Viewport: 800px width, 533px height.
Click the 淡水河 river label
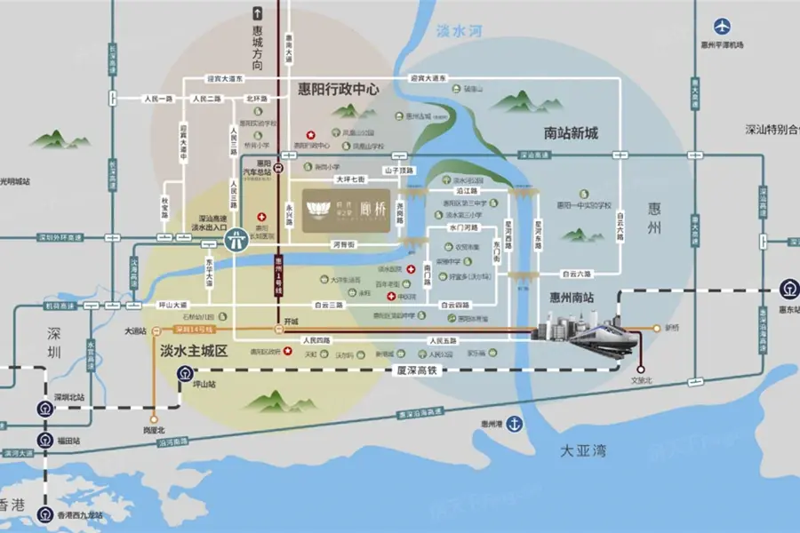459,31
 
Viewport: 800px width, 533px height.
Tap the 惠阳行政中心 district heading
334,90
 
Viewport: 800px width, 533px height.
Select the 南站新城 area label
571,133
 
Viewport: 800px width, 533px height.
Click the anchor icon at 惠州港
513,423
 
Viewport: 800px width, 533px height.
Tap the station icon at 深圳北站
44,409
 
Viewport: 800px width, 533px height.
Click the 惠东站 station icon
788,288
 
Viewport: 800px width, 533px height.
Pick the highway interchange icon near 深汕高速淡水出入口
236,239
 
